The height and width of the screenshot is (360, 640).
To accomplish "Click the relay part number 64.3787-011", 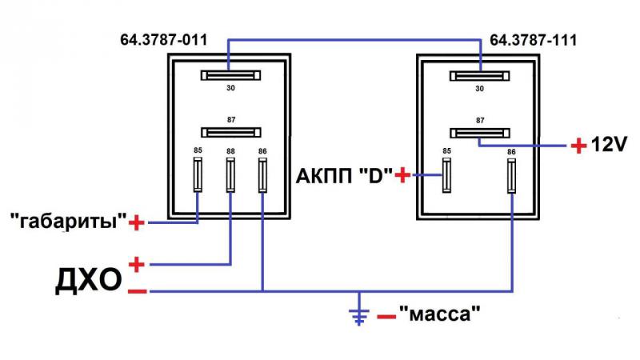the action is [x=164, y=40].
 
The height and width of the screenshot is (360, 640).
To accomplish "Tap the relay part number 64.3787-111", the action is [x=533, y=40].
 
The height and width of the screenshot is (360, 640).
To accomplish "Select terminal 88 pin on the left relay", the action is [x=230, y=175].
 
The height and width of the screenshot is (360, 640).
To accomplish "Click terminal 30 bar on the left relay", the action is [x=230, y=75].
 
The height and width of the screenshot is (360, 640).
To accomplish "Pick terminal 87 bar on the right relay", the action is [x=480, y=133].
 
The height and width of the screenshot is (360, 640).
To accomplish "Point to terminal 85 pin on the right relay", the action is [x=447, y=175].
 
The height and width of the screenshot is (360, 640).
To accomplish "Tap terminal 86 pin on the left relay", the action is [x=263, y=175].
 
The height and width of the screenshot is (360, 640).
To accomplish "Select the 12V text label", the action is [x=609, y=145].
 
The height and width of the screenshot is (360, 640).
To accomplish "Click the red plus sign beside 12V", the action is [x=578, y=146].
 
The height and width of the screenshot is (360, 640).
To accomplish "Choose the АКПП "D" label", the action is [x=344, y=175].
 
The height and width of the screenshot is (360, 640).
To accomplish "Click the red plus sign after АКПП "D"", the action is [x=403, y=175].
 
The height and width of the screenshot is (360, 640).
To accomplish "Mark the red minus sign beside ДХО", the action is [x=138, y=291].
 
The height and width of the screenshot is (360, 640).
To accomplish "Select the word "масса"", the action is [x=439, y=314].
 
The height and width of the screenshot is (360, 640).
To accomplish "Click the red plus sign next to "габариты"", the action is [x=137, y=223].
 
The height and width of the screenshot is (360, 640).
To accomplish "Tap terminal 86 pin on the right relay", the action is [x=511, y=176].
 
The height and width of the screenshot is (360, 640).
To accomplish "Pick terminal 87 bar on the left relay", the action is [x=231, y=133].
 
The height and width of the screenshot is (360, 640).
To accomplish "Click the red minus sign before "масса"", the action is [x=386, y=316].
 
